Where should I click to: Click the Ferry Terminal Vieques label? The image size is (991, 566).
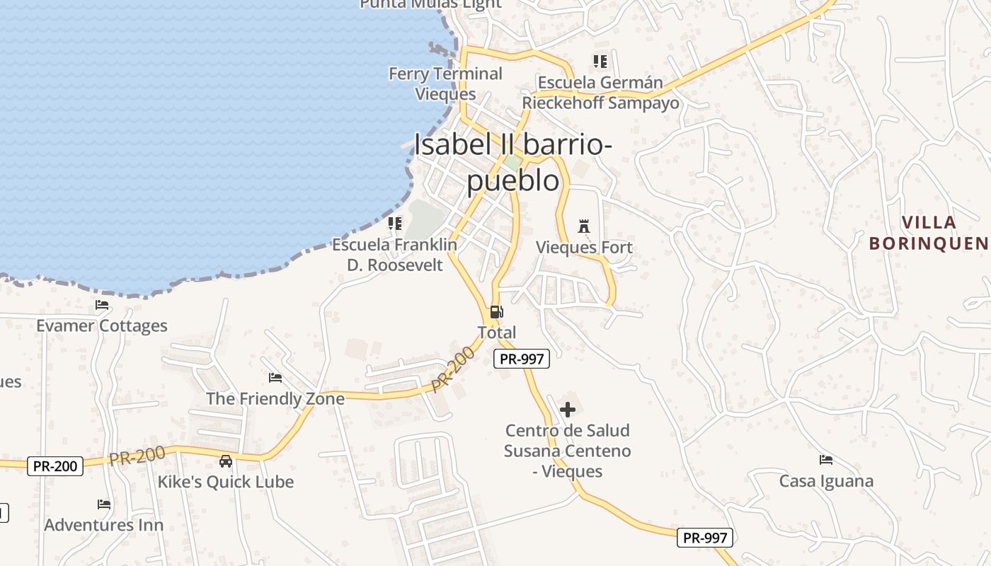(445, 83)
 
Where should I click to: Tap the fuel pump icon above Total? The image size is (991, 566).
(497, 312)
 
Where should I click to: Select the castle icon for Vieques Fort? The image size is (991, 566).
(584, 226)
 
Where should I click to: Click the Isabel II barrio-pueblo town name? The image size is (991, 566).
(513, 162)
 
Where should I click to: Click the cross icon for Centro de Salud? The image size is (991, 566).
(568, 410)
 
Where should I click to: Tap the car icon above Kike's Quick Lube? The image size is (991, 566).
(226, 461)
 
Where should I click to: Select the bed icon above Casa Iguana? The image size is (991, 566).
(826, 460)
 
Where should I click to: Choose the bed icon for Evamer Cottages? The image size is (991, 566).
(102, 305)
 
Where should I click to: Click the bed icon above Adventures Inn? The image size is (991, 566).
(104, 504)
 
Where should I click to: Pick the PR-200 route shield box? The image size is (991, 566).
(55, 466)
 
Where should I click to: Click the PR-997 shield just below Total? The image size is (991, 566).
(522, 359)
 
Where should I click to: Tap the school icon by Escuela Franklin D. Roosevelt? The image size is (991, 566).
(395, 224)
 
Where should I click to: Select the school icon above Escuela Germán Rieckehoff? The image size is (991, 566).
(600, 62)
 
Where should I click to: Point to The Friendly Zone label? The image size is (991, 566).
(275, 398)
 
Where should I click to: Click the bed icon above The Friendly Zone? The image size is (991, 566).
(275, 378)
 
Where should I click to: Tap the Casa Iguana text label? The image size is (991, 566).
(826, 481)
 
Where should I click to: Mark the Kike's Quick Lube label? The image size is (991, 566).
(225, 482)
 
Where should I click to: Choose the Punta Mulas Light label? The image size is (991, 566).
(430, 4)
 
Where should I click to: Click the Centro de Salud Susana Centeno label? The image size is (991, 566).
(567, 451)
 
